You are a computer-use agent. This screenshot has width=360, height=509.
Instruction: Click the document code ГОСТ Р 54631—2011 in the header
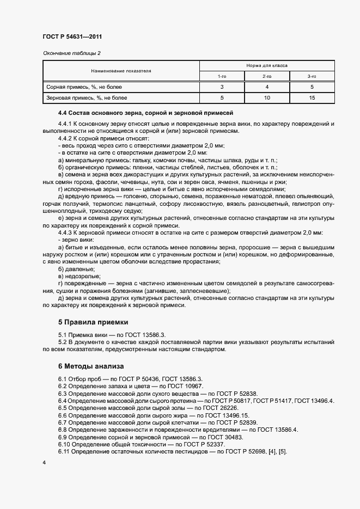(72, 36)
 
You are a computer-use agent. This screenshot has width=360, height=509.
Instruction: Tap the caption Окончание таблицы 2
(71, 53)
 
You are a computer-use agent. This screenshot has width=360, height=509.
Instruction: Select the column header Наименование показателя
(121, 71)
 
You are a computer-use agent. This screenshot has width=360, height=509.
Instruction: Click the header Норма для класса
(267, 65)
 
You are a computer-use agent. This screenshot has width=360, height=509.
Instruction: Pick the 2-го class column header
(267, 76)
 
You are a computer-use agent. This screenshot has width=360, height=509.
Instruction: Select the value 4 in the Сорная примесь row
(267, 87)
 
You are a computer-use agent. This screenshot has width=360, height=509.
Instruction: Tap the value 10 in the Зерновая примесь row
(267, 98)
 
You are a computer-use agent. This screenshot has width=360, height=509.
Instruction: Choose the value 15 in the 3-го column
(312, 98)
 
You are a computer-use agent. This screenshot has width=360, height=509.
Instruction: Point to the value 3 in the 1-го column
(222, 87)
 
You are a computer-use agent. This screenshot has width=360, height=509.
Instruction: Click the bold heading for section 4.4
(145, 113)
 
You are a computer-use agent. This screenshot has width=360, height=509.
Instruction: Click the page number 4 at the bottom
(44, 462)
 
